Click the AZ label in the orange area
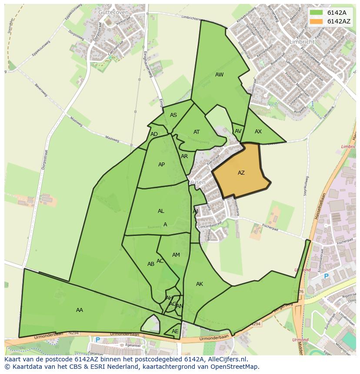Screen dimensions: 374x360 pos(241,173)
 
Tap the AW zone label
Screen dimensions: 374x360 pos(220,75)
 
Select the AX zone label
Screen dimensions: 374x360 pos(258,132)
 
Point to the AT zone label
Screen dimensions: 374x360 pos(197,132)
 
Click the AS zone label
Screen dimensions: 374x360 pos(173,115)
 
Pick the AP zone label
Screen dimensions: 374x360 pos(162,165)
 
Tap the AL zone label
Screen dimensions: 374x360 pos(161,211)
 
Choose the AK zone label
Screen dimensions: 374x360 pos(200,284)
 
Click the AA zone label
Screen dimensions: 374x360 pos(80,310)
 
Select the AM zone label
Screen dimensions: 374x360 pos(176,255)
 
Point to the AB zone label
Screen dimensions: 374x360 pos(151,264)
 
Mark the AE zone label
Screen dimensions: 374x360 pos(175,331)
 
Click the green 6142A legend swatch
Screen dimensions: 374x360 pos(316,13)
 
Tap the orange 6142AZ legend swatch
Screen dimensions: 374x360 pos(316,21)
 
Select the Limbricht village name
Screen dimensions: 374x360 pos(301,42)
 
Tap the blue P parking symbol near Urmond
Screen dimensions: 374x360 pos(326,276)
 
